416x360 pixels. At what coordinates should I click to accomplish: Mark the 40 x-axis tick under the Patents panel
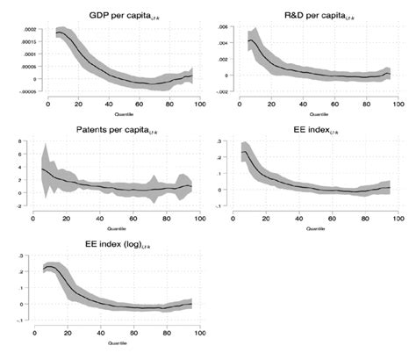(x=99, y=222)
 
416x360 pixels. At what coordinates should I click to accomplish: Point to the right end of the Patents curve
(x=190, y=187)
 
